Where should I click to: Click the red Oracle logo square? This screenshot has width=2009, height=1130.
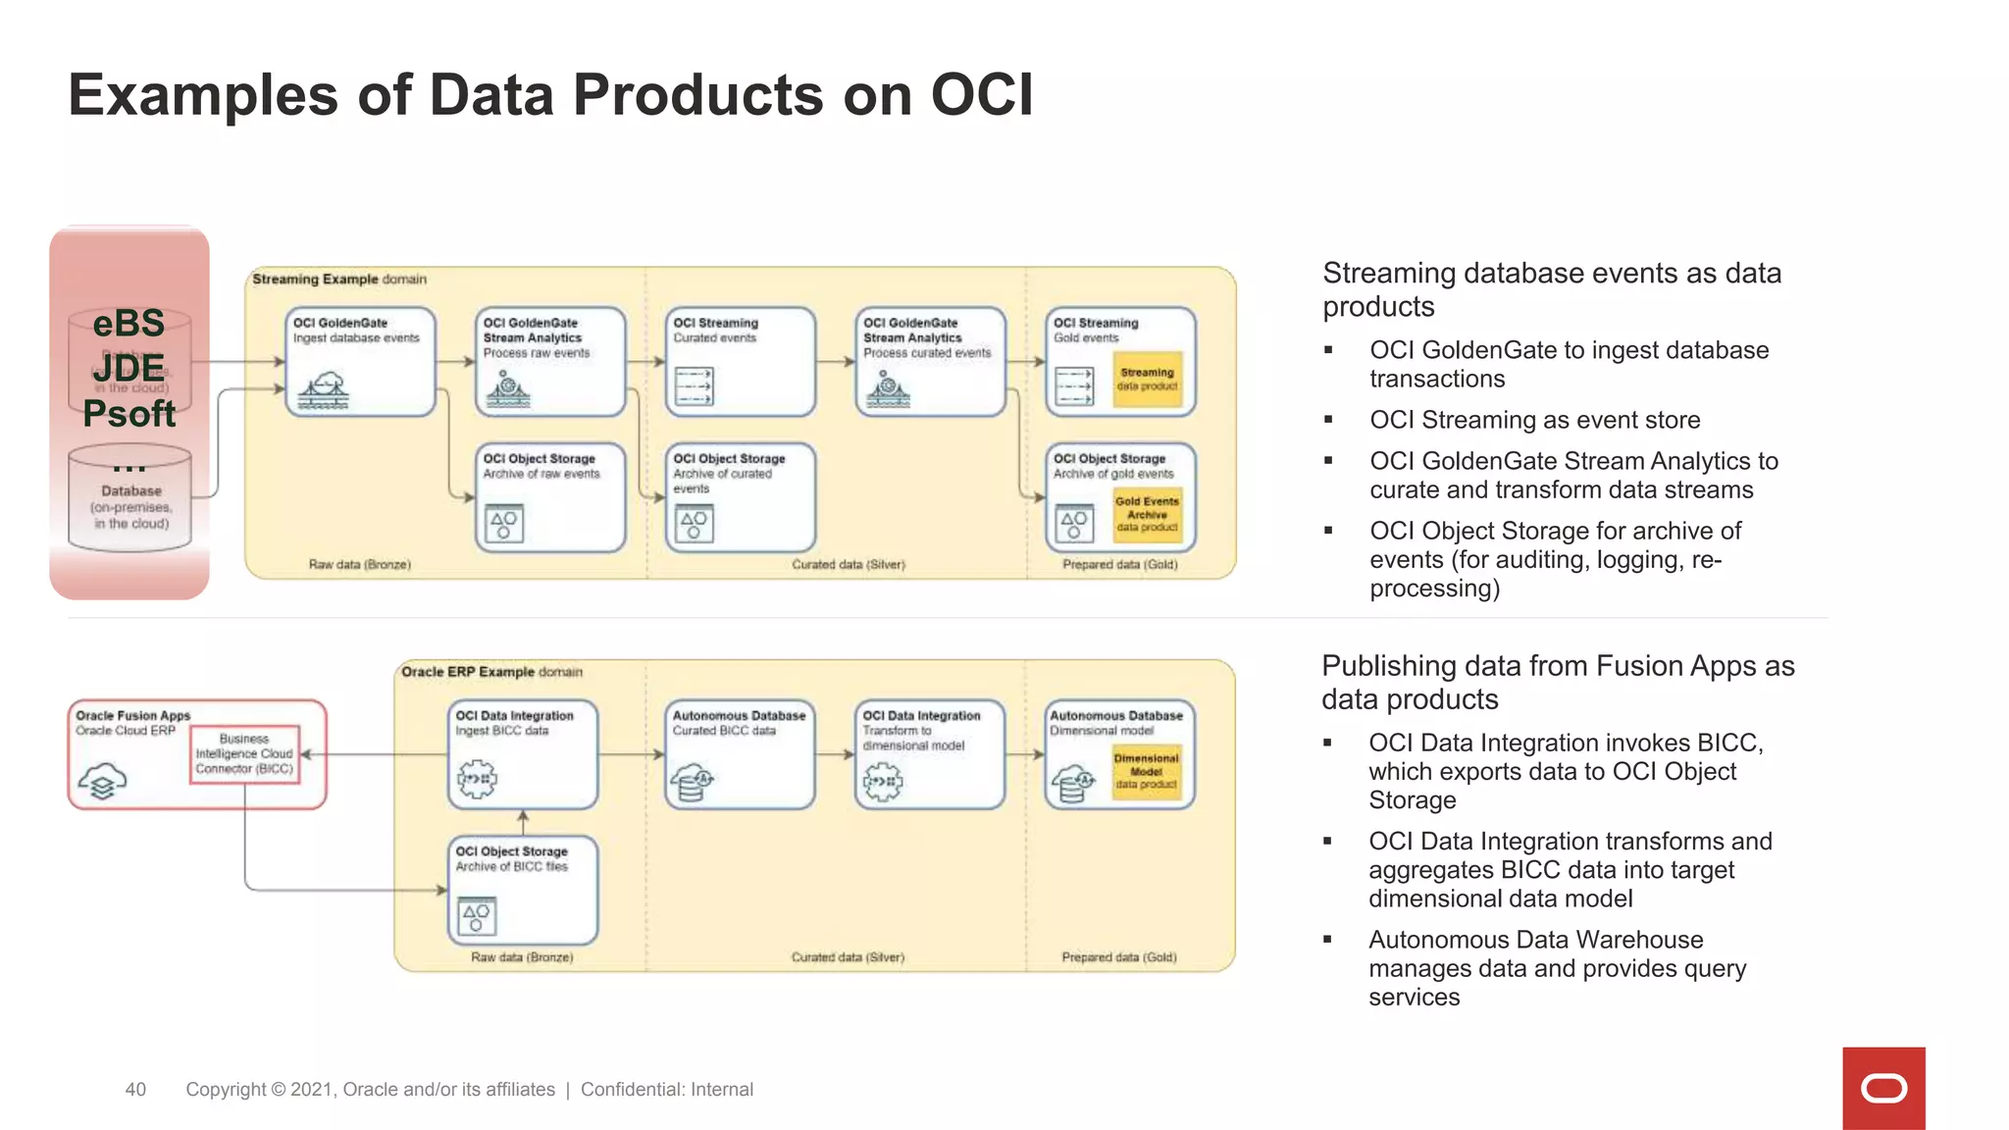pos(1882,1088)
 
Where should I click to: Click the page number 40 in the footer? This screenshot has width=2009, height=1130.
pos(135,1090)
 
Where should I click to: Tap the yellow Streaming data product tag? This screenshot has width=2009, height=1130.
pos(1147,380)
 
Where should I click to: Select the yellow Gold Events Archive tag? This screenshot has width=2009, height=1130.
pos(1147,514)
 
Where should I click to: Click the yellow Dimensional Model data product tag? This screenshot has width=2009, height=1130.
pos(1146,772)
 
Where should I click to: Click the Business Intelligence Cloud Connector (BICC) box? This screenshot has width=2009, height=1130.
pos(244,753)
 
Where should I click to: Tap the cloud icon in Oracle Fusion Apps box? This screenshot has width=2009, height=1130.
pos(102,782)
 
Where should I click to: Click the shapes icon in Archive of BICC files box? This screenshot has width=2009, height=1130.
pos(477,916)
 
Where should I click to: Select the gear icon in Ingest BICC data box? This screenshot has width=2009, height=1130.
pos(477,779)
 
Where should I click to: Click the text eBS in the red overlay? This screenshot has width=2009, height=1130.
pos(129,324)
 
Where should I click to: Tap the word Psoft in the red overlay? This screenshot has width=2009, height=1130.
pos(129,414)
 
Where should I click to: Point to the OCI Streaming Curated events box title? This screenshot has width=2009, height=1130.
pos(715,323)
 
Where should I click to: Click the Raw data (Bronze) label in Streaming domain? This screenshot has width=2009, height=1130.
pos(359,565)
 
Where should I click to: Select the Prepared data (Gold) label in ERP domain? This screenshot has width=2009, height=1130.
pos(1118,957)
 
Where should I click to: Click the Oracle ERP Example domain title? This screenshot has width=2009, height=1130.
pos(491,672)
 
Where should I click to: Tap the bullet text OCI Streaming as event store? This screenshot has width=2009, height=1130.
pos(1534,420)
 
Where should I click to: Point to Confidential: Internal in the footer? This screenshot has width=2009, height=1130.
pos(666,1090)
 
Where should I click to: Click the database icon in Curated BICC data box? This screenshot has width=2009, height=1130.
pos(692,783)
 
